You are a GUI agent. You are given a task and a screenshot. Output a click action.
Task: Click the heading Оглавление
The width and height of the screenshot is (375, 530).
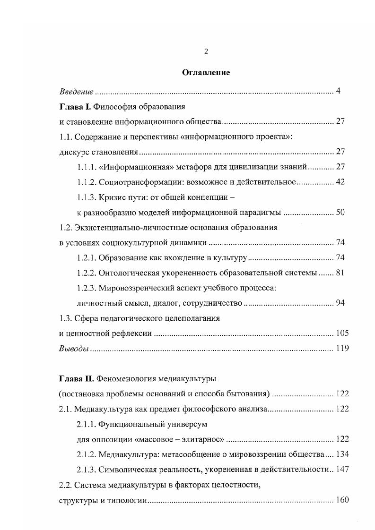point(206,73)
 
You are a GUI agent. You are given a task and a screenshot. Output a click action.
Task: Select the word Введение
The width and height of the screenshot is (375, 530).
point(76,91)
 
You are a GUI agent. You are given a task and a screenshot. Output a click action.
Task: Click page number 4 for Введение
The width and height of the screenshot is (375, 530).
point(339,91)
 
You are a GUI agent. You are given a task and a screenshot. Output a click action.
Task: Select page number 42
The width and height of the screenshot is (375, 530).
point(340,182)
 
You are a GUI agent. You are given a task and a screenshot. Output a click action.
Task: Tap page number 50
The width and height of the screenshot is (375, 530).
point(340,212)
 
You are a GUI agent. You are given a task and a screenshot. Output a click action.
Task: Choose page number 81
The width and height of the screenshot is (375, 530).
point(340,273)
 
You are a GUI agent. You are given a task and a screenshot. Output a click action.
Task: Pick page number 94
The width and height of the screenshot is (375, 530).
point(340,303)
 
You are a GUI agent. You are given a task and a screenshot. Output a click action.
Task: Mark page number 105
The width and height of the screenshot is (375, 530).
point(342,333)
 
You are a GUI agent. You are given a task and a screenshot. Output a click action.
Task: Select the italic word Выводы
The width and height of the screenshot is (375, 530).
point(74,349)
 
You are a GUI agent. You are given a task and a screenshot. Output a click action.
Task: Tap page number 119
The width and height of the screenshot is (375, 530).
point(342,349)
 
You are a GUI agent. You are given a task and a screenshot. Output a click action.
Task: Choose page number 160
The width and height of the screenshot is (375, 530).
point(342,500)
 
